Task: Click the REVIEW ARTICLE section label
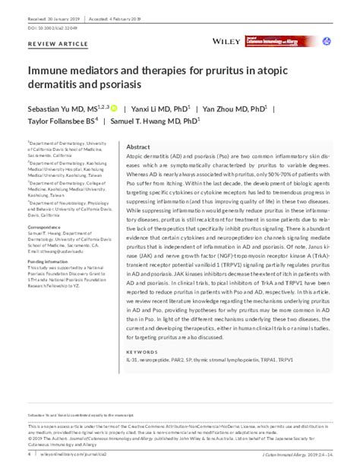(x=53, y=46)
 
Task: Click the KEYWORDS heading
(x=141, y=352)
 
